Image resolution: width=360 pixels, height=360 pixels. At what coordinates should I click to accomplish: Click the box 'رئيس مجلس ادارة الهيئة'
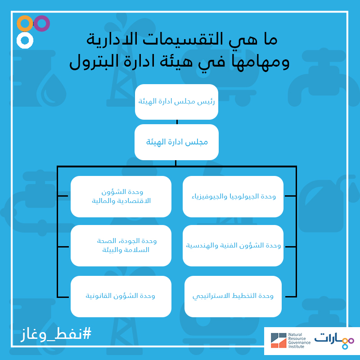(x=176, y=102)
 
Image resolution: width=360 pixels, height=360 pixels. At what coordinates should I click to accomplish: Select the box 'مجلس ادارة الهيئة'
(x=176, y=142)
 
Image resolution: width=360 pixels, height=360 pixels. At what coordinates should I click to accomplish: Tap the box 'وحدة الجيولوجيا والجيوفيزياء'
(x=233, y=197)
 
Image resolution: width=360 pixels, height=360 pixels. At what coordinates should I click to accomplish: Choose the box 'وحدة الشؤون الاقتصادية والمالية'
(x=121, y=197)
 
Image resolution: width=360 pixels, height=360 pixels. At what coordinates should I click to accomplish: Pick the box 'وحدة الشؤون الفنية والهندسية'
(x=233, y=246)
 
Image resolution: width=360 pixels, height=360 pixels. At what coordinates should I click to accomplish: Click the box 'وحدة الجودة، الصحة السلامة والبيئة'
(x=121, y=246)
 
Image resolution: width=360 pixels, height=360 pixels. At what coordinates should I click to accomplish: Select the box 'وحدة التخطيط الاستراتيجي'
(x=233, y=297)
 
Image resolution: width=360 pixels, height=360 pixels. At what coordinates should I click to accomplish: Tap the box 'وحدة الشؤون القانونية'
(x=121, y=297)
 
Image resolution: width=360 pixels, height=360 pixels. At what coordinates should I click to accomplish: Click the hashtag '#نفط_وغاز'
(x=56, y=334)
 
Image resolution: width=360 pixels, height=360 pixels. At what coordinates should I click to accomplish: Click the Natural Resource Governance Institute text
(x=299, y=341)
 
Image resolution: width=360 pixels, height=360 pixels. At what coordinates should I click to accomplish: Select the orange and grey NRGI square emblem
(x=279, y=341)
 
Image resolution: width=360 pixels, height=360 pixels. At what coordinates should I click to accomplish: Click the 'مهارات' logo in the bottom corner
(x=334, y=341)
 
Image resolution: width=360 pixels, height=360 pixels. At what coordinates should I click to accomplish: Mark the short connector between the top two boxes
(x=177, y=122)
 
